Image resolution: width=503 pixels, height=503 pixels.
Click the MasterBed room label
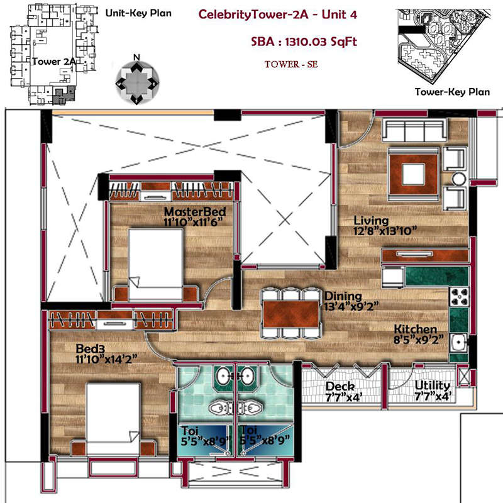point(195,212)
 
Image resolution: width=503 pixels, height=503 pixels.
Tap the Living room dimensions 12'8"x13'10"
point(385,231)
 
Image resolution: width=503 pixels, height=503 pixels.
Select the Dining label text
point(343,296)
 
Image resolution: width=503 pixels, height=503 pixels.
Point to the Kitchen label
point(416,329)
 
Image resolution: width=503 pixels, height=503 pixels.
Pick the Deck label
point(340,386)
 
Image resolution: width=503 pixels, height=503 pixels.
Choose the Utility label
point(432,385)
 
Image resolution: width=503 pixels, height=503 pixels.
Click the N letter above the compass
point(136,57)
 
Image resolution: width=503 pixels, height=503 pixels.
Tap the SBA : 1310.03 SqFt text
point(304,41)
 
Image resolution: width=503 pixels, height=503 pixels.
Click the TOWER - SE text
point(291,64)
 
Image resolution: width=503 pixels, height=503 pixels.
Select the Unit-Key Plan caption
point(138,13)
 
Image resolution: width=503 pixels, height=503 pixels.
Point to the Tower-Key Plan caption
point(452,92)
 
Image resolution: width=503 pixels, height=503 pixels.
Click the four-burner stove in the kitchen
point(459,297)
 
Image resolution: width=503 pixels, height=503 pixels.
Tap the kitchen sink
point(459,343)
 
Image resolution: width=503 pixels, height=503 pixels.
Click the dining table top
point(290,314)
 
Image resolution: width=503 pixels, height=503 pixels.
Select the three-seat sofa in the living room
point(414,130)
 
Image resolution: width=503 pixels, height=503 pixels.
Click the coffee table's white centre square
point(414,174)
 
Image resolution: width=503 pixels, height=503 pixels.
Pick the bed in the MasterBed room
point(155,264)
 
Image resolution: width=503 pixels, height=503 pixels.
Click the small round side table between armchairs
point(459,179)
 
